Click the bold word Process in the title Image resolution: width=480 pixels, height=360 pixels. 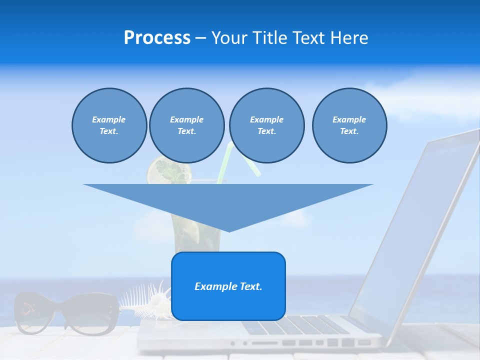(x=157, y=38)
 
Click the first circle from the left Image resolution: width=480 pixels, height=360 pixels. (x=109, y=125)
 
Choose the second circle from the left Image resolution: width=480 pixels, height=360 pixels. (x=186, y=125)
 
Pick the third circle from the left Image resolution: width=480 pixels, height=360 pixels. (x=266, y=125)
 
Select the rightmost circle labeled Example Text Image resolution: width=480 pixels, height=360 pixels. (x=349, y=125)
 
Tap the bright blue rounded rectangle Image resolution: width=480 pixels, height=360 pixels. (x=228, y=305)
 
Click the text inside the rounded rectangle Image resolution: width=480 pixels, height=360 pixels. (x=228, y=286)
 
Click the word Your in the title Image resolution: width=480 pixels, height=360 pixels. (x=229, y=38)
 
